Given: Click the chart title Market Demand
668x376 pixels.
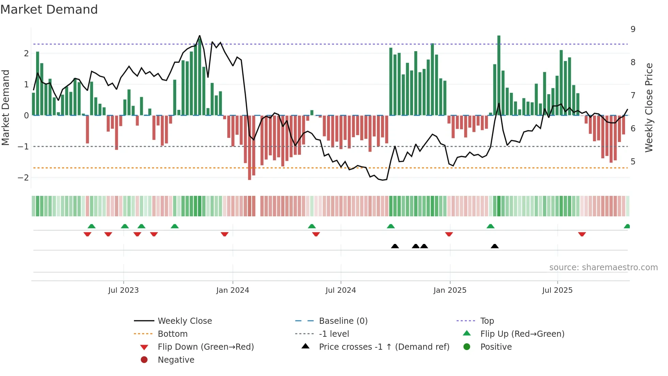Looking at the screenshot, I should point(49,10).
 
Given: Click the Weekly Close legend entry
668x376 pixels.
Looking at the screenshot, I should point(184,321).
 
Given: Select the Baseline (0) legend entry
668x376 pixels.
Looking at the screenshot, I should point(343,321).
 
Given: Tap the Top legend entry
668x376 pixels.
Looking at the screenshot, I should point(487,321).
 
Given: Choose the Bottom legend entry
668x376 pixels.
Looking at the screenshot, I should point(172,334).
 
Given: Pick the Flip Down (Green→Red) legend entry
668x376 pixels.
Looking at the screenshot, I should point(206,347).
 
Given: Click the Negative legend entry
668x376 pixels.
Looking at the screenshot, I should point(176,360).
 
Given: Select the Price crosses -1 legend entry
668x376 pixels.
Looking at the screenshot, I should point(384,347).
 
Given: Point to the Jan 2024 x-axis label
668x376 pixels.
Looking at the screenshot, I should point(232,290).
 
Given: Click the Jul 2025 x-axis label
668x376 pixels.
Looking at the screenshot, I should point(557,290).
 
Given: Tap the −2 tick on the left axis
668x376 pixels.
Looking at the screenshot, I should point(23,177).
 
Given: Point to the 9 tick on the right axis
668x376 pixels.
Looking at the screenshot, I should point(633,29).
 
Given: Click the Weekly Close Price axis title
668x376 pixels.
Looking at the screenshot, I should point(649,107).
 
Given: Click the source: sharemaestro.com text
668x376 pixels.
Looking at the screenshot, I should point(603,267).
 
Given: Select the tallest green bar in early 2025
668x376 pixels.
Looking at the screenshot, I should point(499,75).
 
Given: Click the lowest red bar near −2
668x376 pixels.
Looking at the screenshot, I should point(249,147).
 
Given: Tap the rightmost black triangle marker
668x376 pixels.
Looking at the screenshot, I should point(495,246).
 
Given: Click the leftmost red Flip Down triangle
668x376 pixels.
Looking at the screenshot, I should point(87,234).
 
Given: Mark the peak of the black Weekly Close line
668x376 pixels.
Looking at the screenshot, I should point(200,35).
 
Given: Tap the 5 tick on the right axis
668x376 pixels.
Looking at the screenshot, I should point(633,162).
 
